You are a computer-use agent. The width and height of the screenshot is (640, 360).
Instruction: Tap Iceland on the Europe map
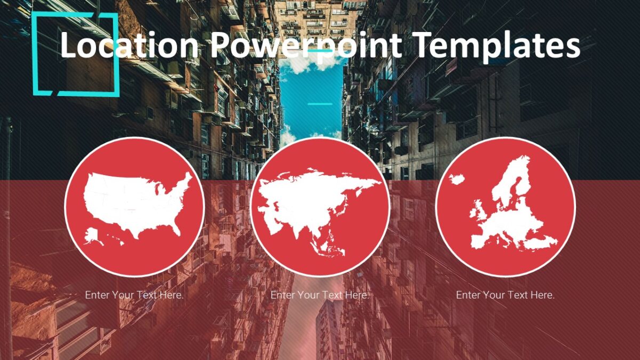(457, 179)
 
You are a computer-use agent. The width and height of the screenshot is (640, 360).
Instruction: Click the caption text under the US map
(134, 295)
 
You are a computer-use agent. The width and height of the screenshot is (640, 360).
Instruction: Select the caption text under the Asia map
(320, 295)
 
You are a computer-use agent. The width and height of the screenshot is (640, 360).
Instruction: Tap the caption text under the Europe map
(505, 295)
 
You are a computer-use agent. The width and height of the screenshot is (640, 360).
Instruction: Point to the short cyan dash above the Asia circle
(320, 103)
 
